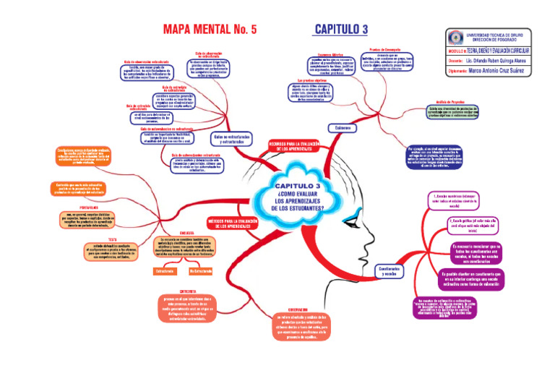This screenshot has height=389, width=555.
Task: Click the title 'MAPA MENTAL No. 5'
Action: coord(210,30)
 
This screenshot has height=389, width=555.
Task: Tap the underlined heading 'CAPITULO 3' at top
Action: coord(341,29)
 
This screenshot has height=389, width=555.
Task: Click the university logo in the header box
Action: coord(455,37)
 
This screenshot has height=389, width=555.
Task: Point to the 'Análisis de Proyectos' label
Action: coord(456,103)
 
